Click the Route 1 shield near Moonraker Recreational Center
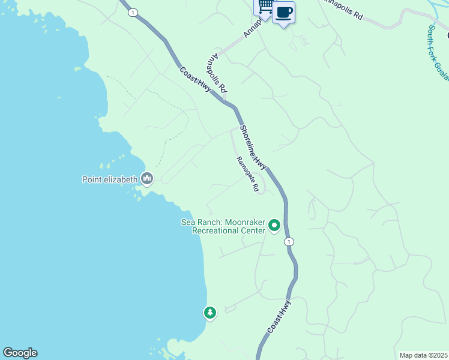click(x=289, y=241)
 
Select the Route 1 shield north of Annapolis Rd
click(x=132, y=12)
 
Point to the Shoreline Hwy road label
click(x=253, y=147)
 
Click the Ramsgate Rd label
click(x=247, y=175)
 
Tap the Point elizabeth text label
click(x=110, y=179)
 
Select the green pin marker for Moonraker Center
click(x=274, y=226)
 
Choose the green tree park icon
click(x=209, y=312)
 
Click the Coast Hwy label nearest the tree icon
click(x=279, y=316)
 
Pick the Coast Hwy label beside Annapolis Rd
click(x=196, y=79)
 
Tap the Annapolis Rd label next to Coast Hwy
click(x=216, y=74)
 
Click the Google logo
click(x=20, y=353)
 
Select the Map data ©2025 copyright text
click(x=424, y=355)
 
